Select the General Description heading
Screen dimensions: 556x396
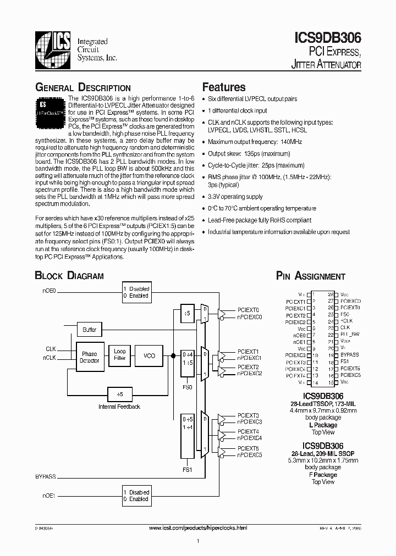coord(83,88)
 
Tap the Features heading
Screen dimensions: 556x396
coord(224,87)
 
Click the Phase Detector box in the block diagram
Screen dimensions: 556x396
coord(90,357)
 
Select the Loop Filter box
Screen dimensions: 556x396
coord(119,354)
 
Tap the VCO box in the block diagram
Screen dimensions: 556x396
coord(149,355)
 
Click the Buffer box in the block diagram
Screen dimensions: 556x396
coord(89,330)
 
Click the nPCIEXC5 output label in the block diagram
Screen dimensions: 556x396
coord(250,454)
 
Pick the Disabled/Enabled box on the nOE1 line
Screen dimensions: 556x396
coord(136,496)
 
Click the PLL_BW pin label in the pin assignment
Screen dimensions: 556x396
coord(350,334)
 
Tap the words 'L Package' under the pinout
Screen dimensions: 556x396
coord(323,425)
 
